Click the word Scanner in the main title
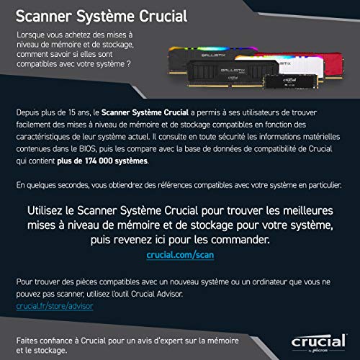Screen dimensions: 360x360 44,17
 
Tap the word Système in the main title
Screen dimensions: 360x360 106,17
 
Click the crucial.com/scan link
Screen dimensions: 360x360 180,255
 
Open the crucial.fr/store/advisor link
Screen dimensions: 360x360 55,306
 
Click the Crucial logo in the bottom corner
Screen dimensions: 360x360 319,343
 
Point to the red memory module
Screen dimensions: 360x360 333,64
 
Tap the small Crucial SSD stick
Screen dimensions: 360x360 291,82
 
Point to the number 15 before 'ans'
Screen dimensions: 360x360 72,112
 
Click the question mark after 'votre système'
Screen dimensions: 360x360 129,64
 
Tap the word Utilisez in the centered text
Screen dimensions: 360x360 45,211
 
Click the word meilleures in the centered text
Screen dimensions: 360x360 308,211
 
